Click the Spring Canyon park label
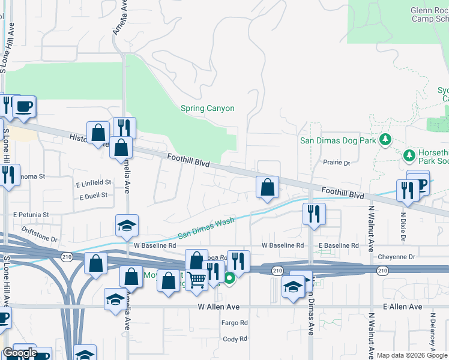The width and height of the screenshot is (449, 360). pos(207,109)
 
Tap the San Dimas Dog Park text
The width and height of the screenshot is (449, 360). pos(338,141)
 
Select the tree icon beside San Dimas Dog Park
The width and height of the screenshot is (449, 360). pos(385,140)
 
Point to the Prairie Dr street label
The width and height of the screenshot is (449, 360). pos(336,163)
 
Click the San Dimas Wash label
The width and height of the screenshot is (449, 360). pos(205,228)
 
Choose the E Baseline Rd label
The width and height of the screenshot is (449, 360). pos(339,245)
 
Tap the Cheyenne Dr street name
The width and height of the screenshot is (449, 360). pos(397,257)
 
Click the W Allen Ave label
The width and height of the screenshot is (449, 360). pos(219,307)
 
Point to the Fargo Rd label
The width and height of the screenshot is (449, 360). pos(235,323)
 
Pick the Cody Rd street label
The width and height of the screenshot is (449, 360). pos(235,339)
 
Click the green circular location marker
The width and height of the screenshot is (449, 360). pos(229,278)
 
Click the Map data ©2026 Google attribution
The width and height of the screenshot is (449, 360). pos(411,355)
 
